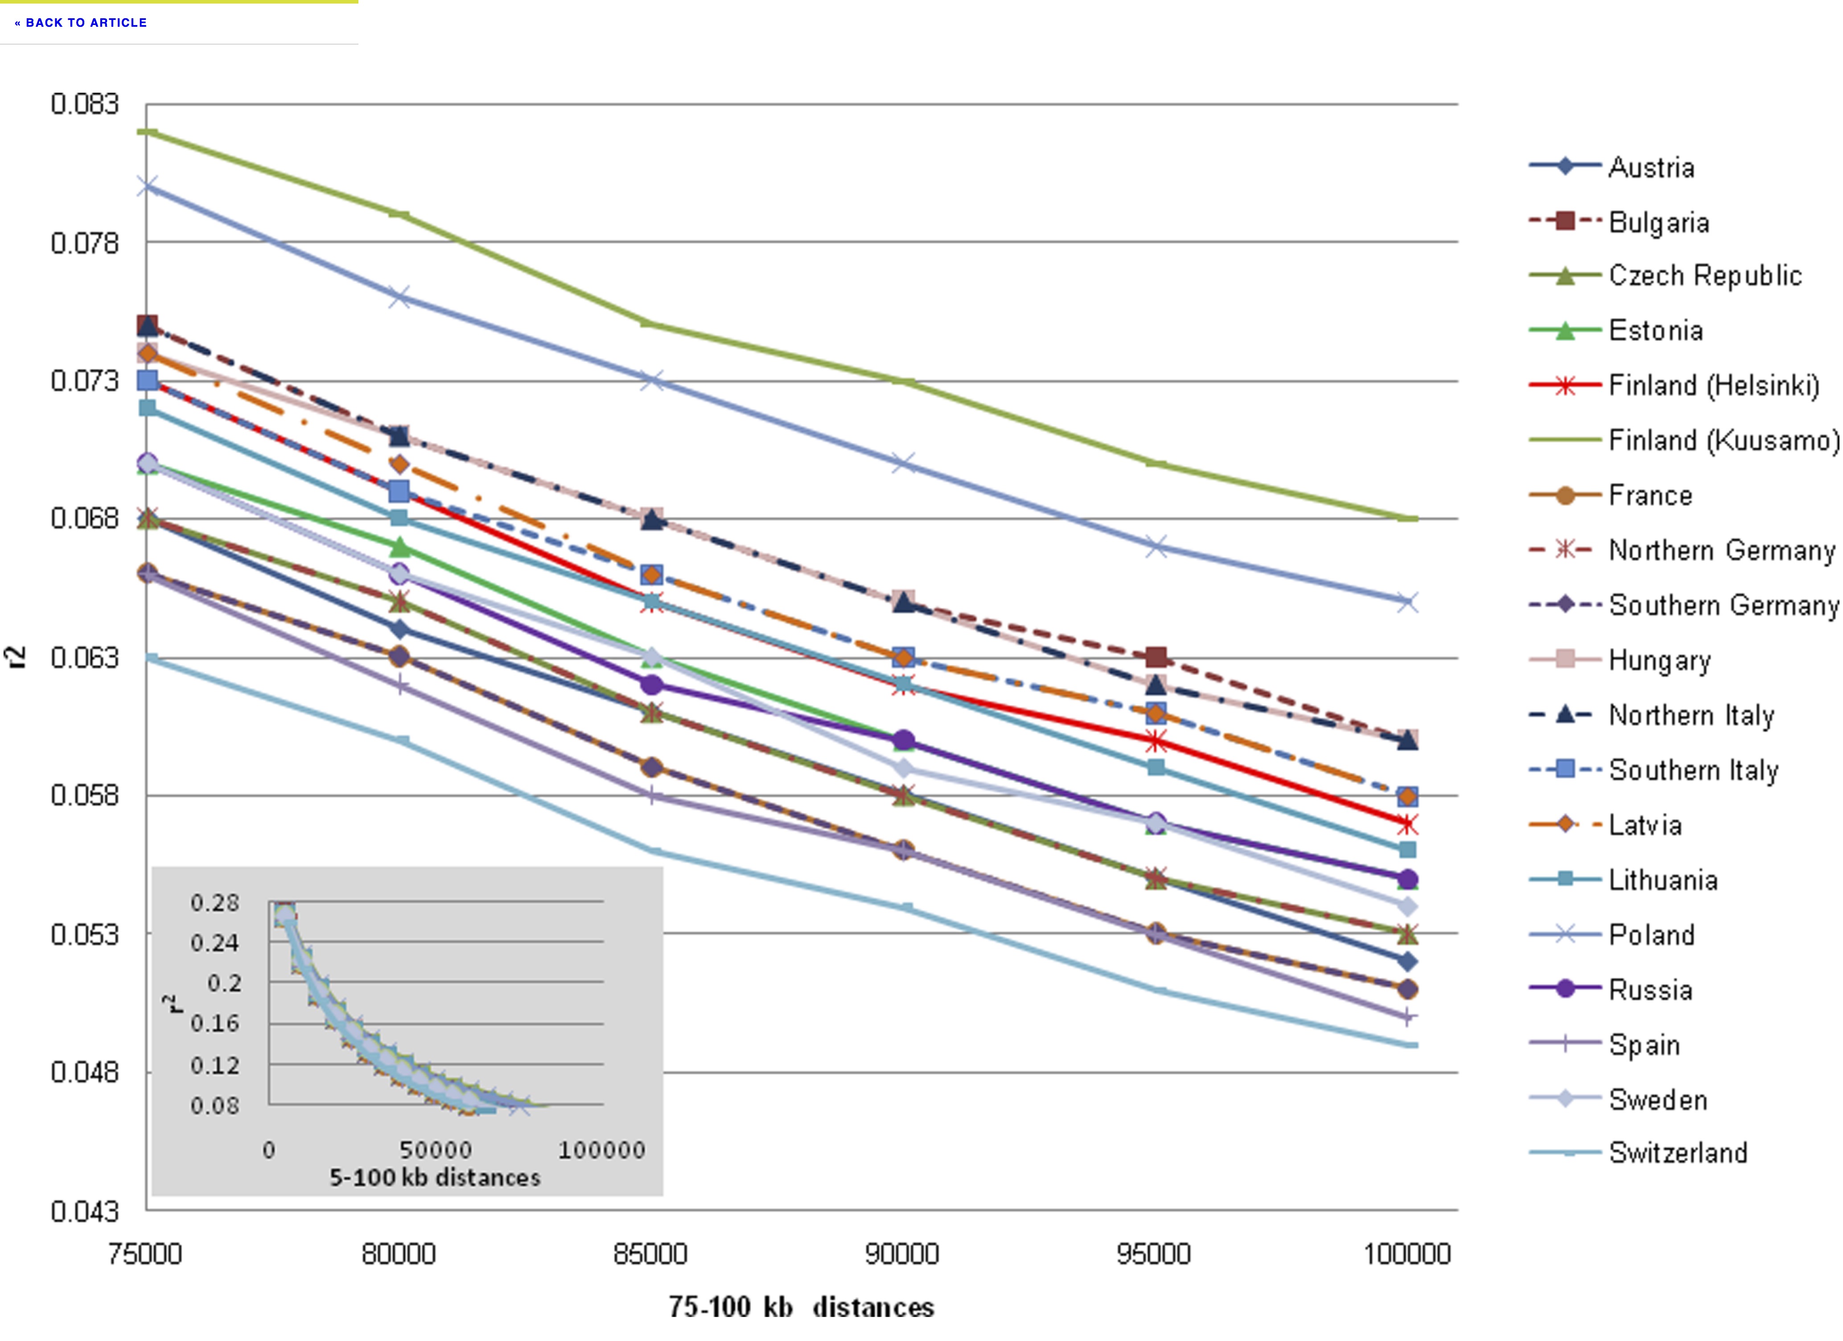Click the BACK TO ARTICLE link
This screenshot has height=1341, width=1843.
pos(80,23)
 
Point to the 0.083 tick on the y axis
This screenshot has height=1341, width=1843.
pos(85,104)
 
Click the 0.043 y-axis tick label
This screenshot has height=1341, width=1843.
pos(85,1212)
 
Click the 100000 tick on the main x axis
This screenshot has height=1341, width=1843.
pos(1407,1254)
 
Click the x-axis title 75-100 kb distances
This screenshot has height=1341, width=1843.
pos(801,1307)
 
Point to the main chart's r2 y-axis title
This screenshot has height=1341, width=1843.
pos(16,657)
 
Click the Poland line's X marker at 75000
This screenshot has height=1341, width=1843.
pos(147,186)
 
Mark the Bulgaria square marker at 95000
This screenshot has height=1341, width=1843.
pos(1156,657)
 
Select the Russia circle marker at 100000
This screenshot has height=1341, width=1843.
pos(1407,880)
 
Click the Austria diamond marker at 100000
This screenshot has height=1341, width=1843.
pos(1407,962)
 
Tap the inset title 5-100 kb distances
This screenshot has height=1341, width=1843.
pos(435,1178)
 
